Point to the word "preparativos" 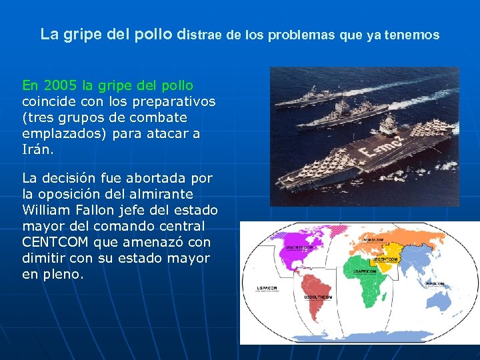[175, 101]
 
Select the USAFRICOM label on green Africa [365, 271]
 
